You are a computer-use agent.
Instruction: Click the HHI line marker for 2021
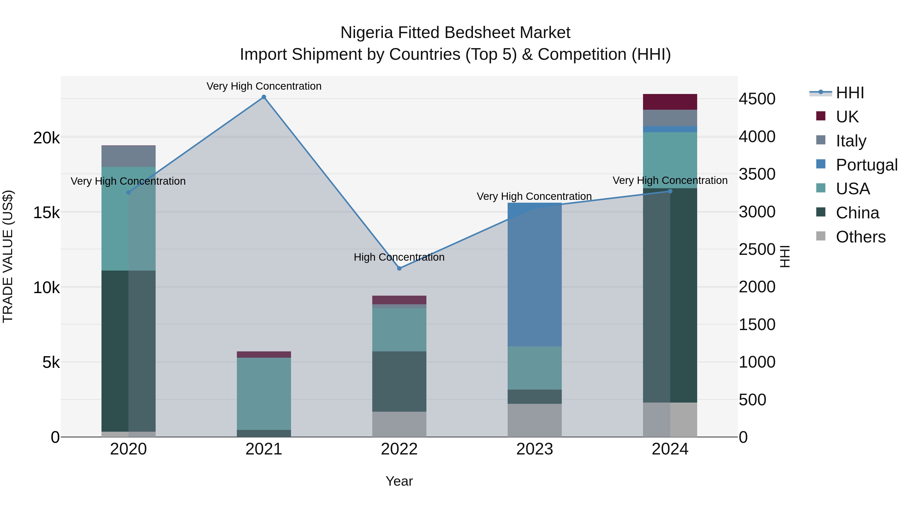tap(264, 97)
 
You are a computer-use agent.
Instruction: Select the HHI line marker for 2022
tap(399, 268)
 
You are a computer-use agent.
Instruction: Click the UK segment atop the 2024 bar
tap(670, 102)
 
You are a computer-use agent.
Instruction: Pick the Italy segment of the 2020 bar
tap(128, 156)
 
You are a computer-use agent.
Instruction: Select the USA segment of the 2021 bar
tap(264, 393)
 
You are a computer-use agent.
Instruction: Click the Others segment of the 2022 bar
tap(399, 424)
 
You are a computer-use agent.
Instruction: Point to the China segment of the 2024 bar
tap(670, 295)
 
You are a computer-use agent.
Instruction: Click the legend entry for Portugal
tap(866, 165)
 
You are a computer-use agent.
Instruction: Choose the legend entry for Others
tap(860, 237)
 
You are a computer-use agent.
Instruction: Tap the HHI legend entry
tap(850, 93)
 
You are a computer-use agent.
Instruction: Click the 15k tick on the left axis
tap(46, 213)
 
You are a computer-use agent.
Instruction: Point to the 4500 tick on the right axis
tap(757, 99)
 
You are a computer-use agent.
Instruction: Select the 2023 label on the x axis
tap(534, 449)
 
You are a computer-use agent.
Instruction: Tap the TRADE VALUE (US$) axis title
tap(8, 256)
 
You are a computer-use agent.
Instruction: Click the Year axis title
tap(399, 481)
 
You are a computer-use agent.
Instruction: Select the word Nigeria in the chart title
tap(366, 33)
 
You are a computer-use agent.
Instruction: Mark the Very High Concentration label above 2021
tap(264, 86)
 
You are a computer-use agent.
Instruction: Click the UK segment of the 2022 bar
tap(399, 300)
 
